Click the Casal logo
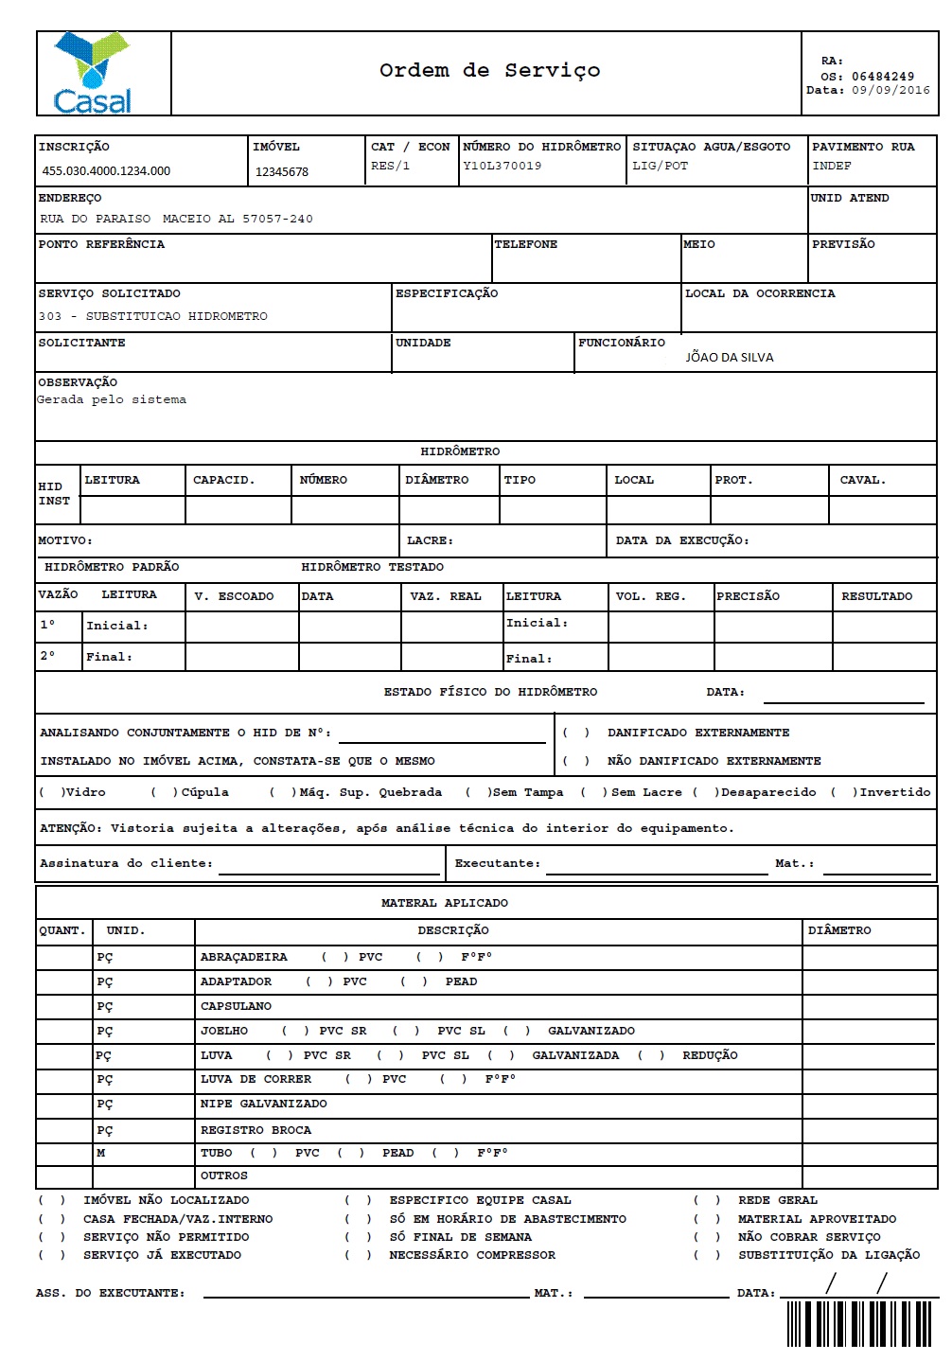[x=93, y=74]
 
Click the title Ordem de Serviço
[x=489, y=71]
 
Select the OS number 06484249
[x=882, y=77]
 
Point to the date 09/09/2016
[x=890, y=91]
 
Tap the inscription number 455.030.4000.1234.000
[x=106, y=171]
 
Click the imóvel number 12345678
[x=282, y=172]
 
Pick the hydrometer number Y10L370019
[x=502, y=167]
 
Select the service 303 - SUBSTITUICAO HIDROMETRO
[x=153, y=317]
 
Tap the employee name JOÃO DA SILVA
[x=730, y=358]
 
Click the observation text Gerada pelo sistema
[x=112, y=400]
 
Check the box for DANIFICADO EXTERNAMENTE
[x=576, y=734]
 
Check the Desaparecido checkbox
[x=706, y=793]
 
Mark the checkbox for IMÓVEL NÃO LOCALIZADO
[x=51, y=1201]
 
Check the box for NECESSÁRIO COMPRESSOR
[x=357, y=1256]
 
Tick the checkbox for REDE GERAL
[x=706, y=1201]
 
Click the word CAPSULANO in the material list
[x=236, y=1007]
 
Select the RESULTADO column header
[x=877, y=597]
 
